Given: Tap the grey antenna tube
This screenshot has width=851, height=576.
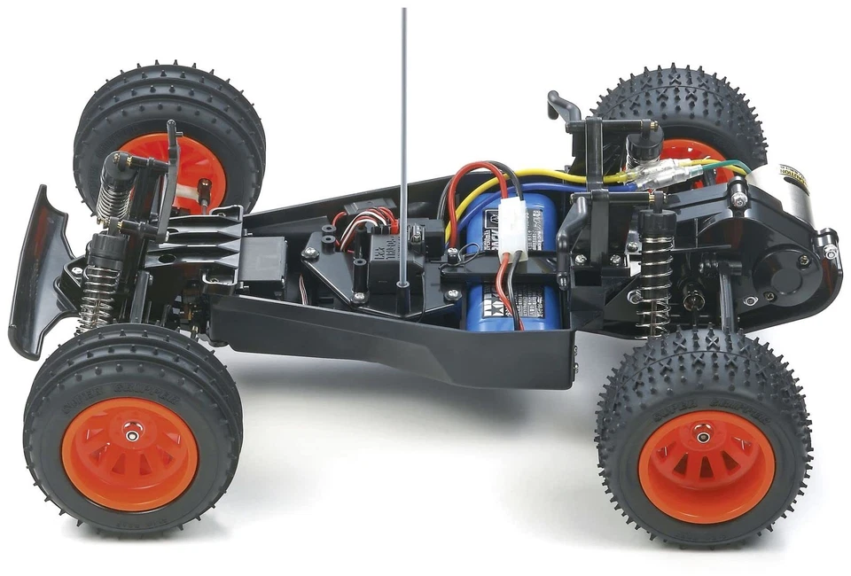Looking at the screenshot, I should coord(404,133).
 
